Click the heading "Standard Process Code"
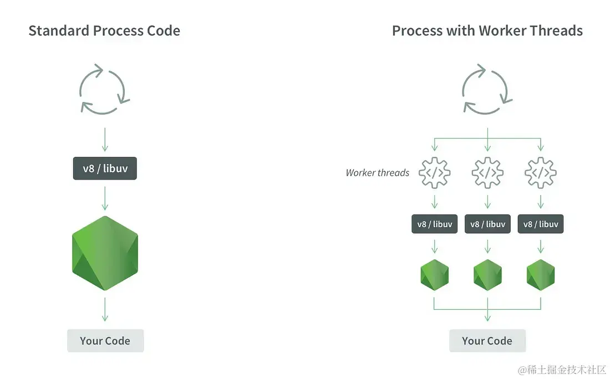(x=104, y=30)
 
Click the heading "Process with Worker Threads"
(x=487, y=30)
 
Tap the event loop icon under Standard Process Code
(x=105, y=89)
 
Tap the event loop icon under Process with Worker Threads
(x=487, y=89)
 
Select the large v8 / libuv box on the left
(x=105, y=168)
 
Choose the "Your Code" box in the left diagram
(x=105, y=341)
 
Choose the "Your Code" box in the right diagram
(x=487, y=341)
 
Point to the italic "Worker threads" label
(x=377, y=173)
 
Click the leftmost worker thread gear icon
(x=434, y=173)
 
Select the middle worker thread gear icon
(x=487, y=173)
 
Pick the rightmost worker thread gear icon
(x=541, y=173)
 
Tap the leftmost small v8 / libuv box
(x=434, y=224)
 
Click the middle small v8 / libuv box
(x=487, y=224)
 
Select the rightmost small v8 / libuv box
(x=541, y=224)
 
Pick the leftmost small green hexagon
(x=434, y=274)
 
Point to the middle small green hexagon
(x=487, y=274)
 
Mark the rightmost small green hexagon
(x=541, y=274)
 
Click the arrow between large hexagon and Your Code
(x=105, y=309)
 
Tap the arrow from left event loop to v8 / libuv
(x=105, y=140)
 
